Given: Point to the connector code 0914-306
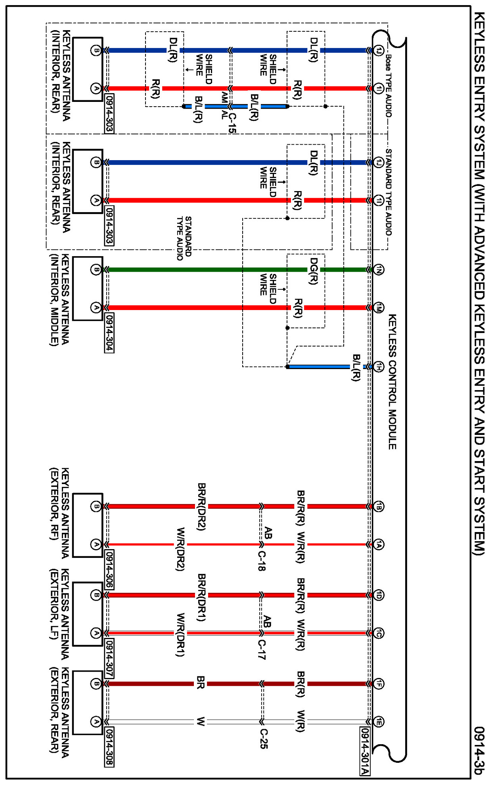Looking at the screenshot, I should (109, 569).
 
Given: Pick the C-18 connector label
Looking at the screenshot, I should (261, 561).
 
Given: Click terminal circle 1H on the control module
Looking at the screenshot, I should (379, 367).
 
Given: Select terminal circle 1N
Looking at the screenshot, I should (379, 270).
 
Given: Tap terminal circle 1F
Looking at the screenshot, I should (379, 684).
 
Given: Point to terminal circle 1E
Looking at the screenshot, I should (379, 722).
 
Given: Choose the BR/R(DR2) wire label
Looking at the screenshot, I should (201, 506).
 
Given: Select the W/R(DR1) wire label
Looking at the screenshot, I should (180, 634).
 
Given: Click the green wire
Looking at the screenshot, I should (198, 270).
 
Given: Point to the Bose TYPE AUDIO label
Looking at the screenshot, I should (388, 86).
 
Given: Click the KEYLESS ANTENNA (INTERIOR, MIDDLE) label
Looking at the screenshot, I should (60, 300).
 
